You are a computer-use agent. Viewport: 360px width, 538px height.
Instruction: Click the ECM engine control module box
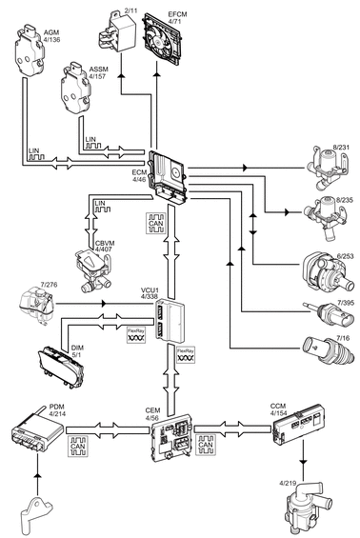pyautogui.click(x=168, y=177)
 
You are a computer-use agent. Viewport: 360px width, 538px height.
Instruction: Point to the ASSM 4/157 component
pyautogui.click(x=76, y=89)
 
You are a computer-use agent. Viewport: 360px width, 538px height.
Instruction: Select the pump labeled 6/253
pyautogui.click(x=327, y=273)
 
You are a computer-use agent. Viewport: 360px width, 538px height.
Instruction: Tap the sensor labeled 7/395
pyautogui.click(x=330, y=313)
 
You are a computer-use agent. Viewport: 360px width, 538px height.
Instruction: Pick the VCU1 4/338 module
pyautogui.click(x=170, y=321)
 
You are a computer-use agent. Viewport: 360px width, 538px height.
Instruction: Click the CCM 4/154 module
pyautogui.click(x=298, y=423)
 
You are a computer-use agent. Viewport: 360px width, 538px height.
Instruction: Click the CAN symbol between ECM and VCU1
pyautogui.click(x=156, y=224)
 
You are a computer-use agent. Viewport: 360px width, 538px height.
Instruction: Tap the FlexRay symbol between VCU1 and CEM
pyautogui.click(x=186, y=355)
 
